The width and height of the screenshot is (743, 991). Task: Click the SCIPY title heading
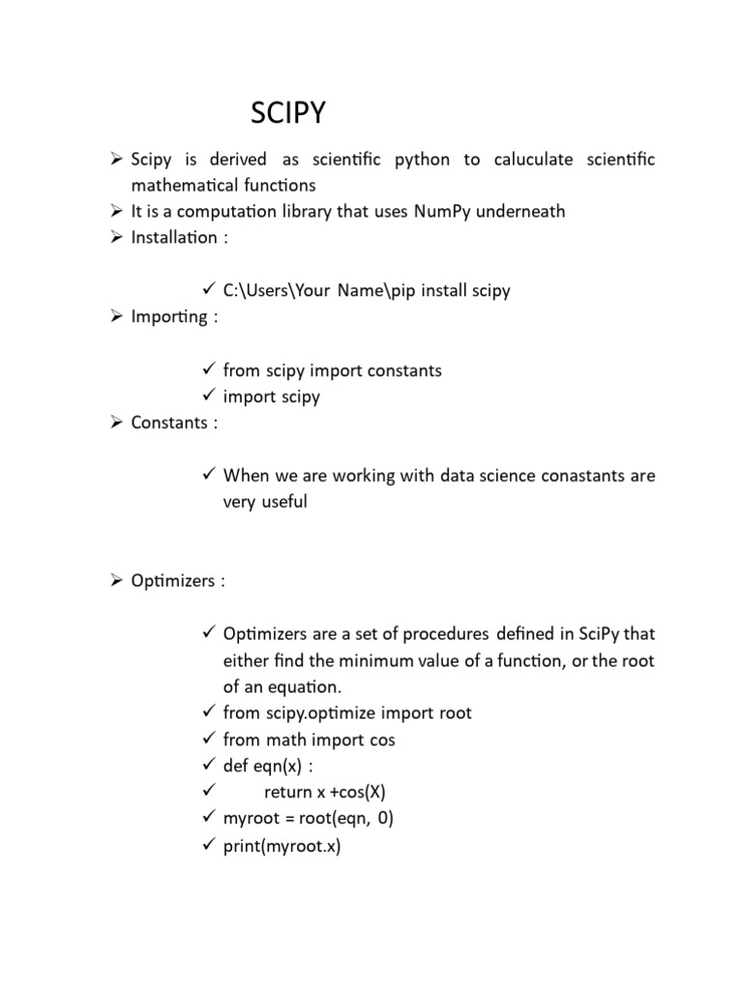[x=288, y=114]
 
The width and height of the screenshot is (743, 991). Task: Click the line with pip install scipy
[x=366, y=290]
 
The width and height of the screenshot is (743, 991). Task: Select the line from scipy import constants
[x=332, y=370]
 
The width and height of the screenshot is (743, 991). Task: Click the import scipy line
[x=271, y=397]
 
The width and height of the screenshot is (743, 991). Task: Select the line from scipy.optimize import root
[x=347, y=713]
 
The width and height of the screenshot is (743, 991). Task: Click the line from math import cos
[x=309, y=739]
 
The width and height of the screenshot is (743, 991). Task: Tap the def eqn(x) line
[x=262, y=766]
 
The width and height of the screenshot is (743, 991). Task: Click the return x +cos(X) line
[x=317, y=793]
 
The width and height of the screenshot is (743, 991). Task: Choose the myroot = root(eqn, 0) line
[x=308, y=819]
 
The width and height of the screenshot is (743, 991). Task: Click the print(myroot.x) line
[x=282, y=846]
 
